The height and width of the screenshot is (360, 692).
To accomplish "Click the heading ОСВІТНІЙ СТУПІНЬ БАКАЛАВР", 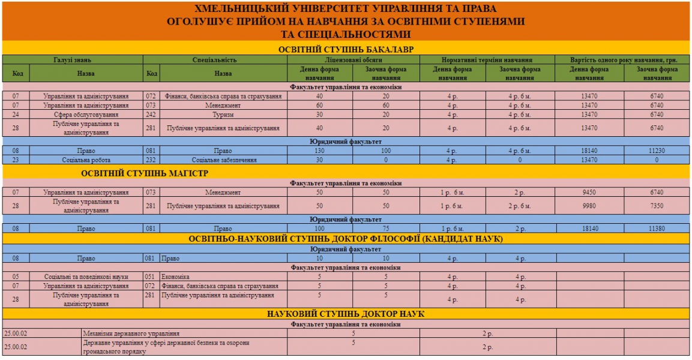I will coord(346,49).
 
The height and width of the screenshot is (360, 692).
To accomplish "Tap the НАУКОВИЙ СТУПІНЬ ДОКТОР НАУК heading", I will coord(346,314).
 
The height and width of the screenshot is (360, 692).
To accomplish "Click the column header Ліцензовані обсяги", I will coord(354,60).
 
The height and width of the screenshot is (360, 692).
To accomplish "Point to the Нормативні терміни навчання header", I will coord(487,60).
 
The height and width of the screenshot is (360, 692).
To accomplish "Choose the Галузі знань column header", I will coord(73,60).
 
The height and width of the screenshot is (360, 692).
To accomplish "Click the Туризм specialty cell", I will coord(223,114).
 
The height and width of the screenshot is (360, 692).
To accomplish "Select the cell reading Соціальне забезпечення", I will coord(223,160).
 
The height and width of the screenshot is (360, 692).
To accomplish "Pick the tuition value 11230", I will coord(657,151).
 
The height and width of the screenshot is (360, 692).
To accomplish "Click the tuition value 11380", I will coord(657,229).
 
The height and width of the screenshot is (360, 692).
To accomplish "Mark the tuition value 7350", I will coord(657,206).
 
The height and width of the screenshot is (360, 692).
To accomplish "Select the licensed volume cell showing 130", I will coord(319,151).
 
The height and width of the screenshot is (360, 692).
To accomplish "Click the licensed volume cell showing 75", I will coord(386,229).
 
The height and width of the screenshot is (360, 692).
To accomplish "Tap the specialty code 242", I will coord(151,114).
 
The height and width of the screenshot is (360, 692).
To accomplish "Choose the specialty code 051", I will coord(151,277).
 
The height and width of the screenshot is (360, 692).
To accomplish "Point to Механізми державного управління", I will coord(131,333).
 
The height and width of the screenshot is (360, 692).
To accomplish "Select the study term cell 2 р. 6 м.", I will coord(520,206).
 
